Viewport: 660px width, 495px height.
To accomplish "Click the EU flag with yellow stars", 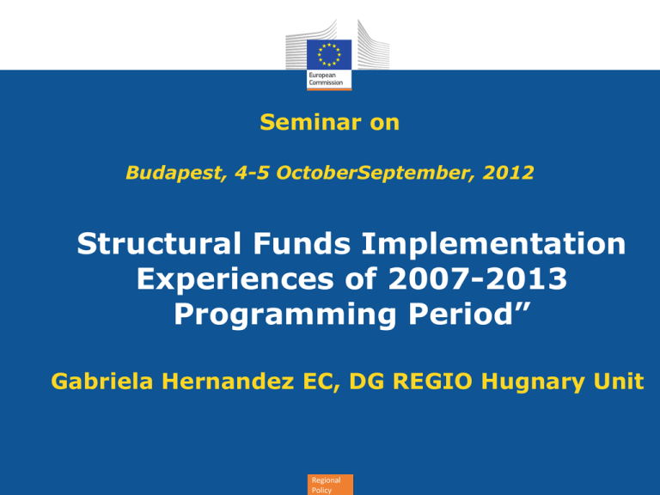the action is [x=329, y=54].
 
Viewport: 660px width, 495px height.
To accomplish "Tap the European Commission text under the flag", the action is [x=326, y=79].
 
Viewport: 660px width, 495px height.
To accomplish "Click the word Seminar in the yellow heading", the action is [x=310, y=122].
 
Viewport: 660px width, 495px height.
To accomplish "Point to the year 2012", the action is [x=509, y=173].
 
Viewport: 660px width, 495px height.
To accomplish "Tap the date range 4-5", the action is [x=252, y=173].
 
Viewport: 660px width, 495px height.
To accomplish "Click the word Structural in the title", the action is [x=159, y=243].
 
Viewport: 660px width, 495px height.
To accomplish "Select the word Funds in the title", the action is [x=302, y=243].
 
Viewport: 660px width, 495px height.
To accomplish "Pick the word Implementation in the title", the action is [x=494, y=244].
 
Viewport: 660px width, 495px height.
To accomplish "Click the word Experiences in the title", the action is [x=235, y=279].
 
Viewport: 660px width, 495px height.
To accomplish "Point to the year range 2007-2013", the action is [x=477, y=278].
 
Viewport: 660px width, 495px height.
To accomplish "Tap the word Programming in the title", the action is [x=285, y=315].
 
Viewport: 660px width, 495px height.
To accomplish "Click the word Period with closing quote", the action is [x=469, y=314].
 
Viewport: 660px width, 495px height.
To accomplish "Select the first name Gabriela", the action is [x=102, y=381].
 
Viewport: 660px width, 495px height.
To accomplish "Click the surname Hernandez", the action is [x=228, y=381].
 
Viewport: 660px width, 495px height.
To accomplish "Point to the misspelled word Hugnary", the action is [x=533, y=382].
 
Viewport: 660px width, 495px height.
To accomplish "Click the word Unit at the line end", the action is [x=619, y=381].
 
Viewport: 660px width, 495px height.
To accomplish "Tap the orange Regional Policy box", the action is [x=330, y=485].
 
